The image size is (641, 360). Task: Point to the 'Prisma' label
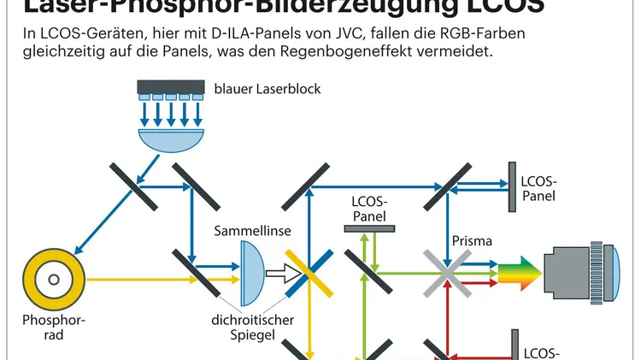click(472, 240)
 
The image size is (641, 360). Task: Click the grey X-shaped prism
click(445, 273)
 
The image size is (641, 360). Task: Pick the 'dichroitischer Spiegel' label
click(254, 329)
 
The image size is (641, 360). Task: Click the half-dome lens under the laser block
click(172, 133)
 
